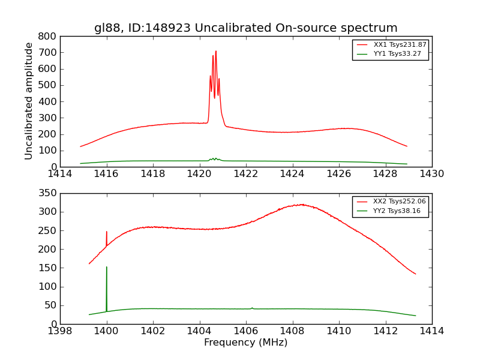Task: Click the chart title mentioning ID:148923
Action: pos(245,28)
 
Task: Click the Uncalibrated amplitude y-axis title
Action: pos(29,101)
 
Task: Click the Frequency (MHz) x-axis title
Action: pos(245,343)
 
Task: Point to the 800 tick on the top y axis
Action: pos(47,36)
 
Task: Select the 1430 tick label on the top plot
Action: pos(431,174)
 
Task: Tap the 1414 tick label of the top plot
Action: pos(60,174)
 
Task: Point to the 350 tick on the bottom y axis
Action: pos(47,193)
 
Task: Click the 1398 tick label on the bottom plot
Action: pos(60,331)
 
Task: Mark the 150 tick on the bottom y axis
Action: pos(47,268)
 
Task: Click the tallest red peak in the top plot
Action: pos(216,52)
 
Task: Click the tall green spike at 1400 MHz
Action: pos(107,268)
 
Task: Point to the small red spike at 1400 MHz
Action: pos(107,232)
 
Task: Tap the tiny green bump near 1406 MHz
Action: pos(252,308)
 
